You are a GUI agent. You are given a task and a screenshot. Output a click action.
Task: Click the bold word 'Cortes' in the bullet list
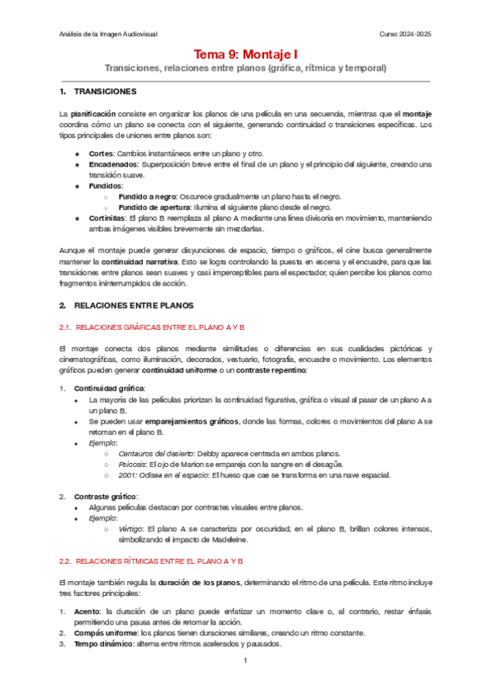[x=102, y=153]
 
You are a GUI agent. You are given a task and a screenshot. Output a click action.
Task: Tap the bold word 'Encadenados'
[x=112, y=164]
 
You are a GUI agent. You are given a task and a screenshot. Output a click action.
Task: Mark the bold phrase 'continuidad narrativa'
[x=134, y=262]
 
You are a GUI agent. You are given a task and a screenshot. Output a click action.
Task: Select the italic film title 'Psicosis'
[x=134, y=464]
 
